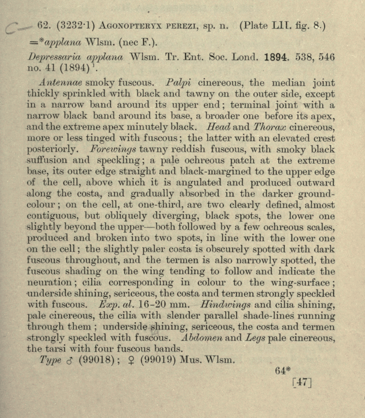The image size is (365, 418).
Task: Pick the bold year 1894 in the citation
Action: (279, 57)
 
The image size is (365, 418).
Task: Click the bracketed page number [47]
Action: (302, 382)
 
